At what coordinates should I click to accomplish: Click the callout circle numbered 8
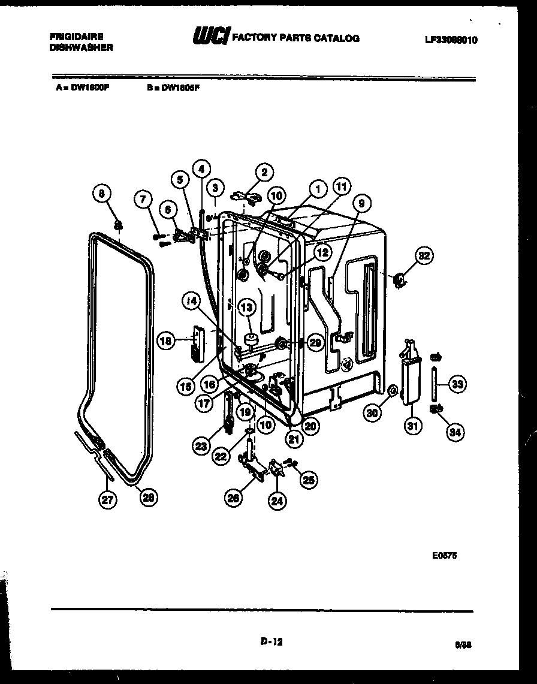click(x=102, y=194)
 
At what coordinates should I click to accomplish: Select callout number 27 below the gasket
click(x=108, y=500)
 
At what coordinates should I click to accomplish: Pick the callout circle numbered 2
click(x=264, y=173)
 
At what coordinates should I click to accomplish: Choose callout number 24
click(x=276, y=502)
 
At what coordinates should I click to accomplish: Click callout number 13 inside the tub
click(x=246, y=308)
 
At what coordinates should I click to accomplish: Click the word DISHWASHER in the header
click(x=81, y=47)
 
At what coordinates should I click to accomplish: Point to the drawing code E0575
click(x=444, y=556)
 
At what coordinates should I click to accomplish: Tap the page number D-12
click(x=271, y=641)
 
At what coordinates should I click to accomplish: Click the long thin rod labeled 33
click(x=433, y=384)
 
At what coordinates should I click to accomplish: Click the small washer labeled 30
click(x=392, y=391)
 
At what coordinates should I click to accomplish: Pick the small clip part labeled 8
click(x=119, y=225)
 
